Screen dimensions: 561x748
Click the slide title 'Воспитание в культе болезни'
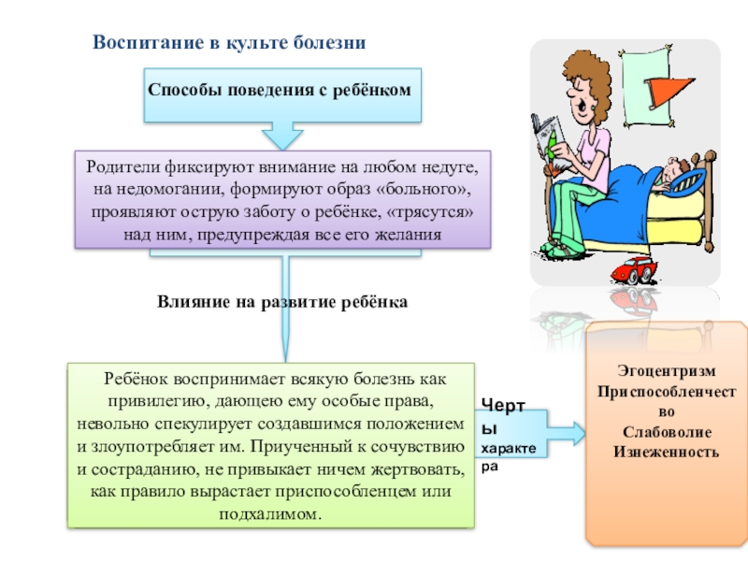[228, 43]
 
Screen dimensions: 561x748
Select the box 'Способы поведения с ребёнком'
[280, 90]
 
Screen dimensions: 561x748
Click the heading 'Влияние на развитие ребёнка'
[283, 303]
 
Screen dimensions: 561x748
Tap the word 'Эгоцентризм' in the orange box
[667, 369]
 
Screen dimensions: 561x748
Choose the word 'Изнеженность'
[667, 452]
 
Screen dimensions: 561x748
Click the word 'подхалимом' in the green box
[273, 514]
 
